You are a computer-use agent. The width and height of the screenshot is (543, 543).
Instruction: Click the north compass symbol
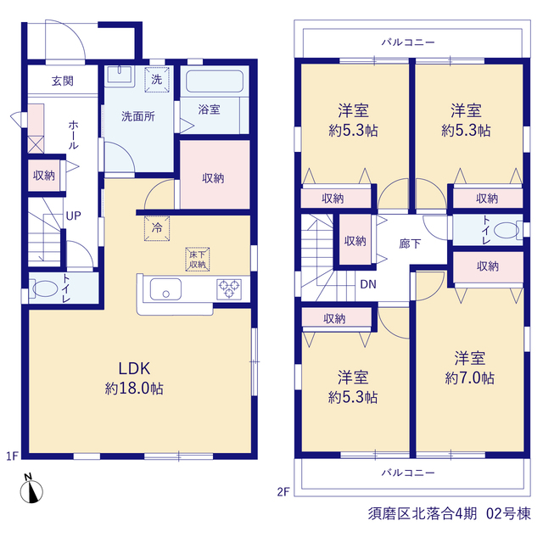(x=31, y=489)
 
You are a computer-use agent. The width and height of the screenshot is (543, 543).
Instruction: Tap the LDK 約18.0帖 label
(x=134, y=378)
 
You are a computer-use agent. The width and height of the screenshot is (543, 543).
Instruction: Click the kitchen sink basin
(x=165, y=289)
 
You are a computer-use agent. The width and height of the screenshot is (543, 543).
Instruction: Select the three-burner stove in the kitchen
(x=229, y=288)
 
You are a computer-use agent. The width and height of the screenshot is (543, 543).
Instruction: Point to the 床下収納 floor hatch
(x=198, y=259)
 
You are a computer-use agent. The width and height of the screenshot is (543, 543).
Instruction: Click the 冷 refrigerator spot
(x=157, y=228)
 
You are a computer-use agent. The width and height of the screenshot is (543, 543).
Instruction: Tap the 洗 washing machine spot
(x=157, y=80)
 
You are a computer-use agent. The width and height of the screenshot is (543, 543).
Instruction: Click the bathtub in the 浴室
(x=215, y=81)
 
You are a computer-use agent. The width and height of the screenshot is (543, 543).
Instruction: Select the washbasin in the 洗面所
(x=120, y=75)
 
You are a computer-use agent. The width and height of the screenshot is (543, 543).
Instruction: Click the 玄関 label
(x=63, y=81)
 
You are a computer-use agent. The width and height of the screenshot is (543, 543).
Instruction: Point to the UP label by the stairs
(x=74, y=216)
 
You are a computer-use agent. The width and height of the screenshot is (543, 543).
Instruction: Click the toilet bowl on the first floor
(x=45, y=288)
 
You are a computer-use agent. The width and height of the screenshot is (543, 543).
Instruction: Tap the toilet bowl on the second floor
(x=507, y=230)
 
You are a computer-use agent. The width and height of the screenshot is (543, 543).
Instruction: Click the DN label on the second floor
(x=368, y=284)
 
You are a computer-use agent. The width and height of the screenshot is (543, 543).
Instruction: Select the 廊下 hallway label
(x=410, y=244)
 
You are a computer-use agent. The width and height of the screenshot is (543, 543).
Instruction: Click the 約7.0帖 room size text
(x=469, y=378)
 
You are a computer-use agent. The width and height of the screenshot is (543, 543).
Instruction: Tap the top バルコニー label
(x=408, y=42)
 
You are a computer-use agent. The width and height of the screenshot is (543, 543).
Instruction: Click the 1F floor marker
(x=12, y=456)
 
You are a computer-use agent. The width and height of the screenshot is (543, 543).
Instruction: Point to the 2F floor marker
(x=283, y=492)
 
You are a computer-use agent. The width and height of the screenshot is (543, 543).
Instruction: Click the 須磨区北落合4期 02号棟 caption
(x=449, y=513)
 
